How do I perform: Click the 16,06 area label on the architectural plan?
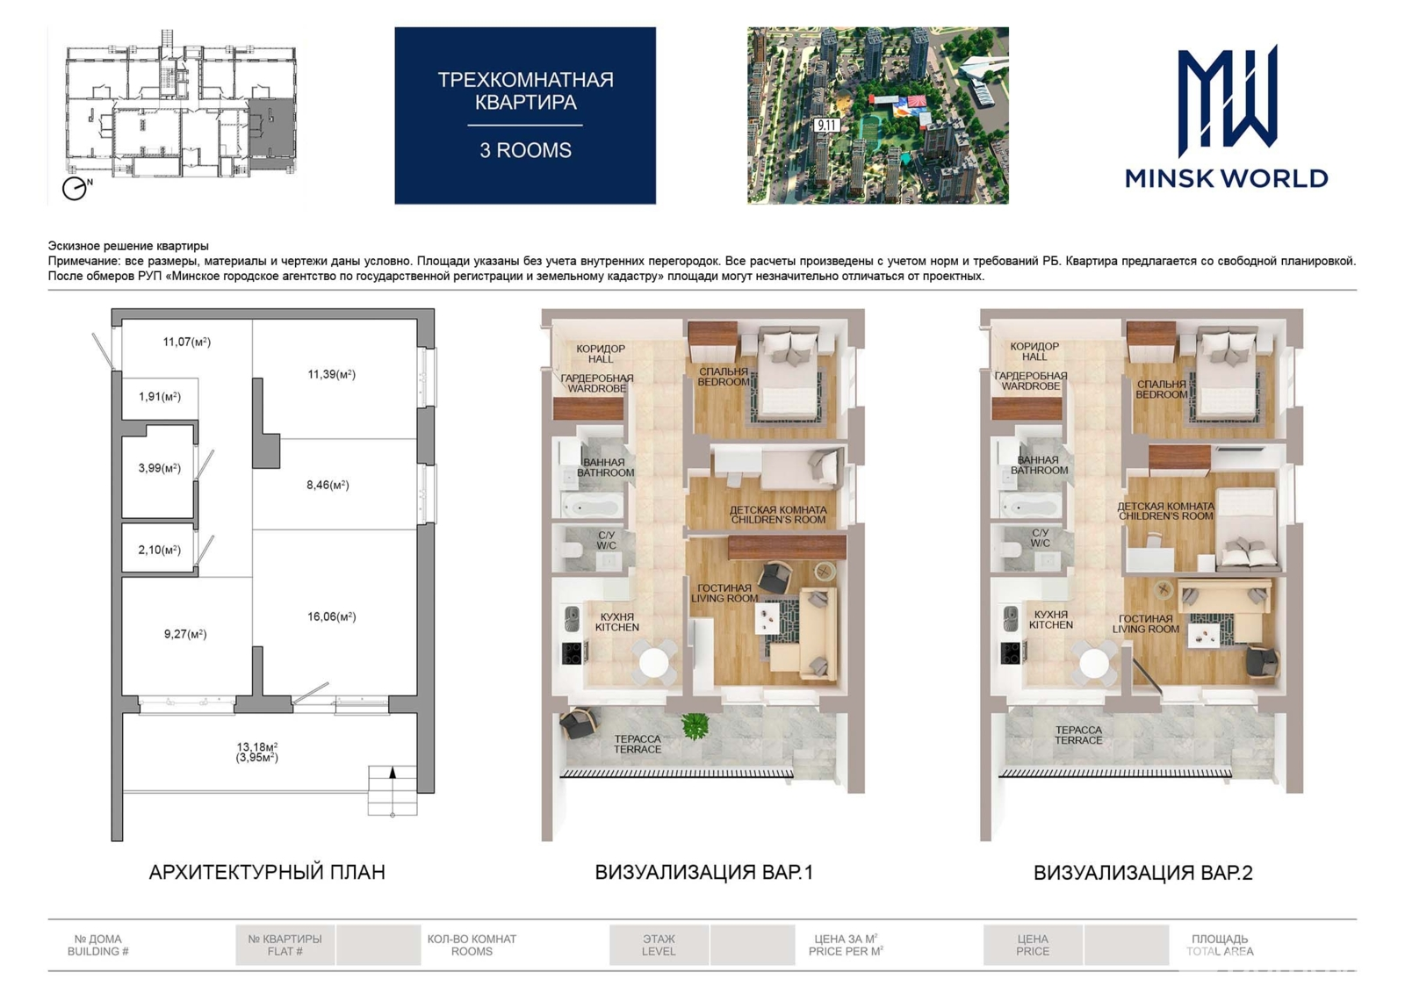(331, 616)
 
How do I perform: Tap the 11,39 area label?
(331, 374)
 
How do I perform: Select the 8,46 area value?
(328, 485)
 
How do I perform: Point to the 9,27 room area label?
(185, 634)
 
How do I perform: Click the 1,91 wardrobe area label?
(159, 396)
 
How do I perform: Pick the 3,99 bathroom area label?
(159, 468)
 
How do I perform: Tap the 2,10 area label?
(159, 550)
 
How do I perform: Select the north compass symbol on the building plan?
(76, 188)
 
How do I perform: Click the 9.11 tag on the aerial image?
(826, 125)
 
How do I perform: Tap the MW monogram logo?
(1227, 100)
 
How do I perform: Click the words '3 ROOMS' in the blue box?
(526, 150)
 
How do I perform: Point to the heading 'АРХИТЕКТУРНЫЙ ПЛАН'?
(267, 872)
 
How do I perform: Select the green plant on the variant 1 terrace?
(695, 726)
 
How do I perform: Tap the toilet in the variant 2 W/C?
(1011, 550)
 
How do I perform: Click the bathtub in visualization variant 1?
(592, 506)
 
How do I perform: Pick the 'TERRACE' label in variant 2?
(1078, 740)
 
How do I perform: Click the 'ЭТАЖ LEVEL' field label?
(659, 945)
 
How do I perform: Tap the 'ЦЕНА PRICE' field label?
(1033, 945)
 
